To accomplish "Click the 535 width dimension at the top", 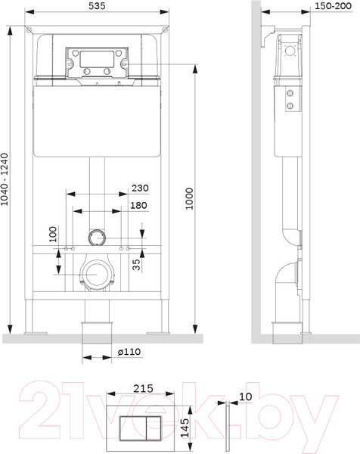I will tap(97, 7).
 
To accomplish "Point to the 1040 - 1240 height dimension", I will tap(7, 176).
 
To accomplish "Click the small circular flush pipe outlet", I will tap(96, 238).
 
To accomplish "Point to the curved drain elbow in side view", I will tap(284, 280).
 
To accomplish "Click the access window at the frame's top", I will tap(96, 61).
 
